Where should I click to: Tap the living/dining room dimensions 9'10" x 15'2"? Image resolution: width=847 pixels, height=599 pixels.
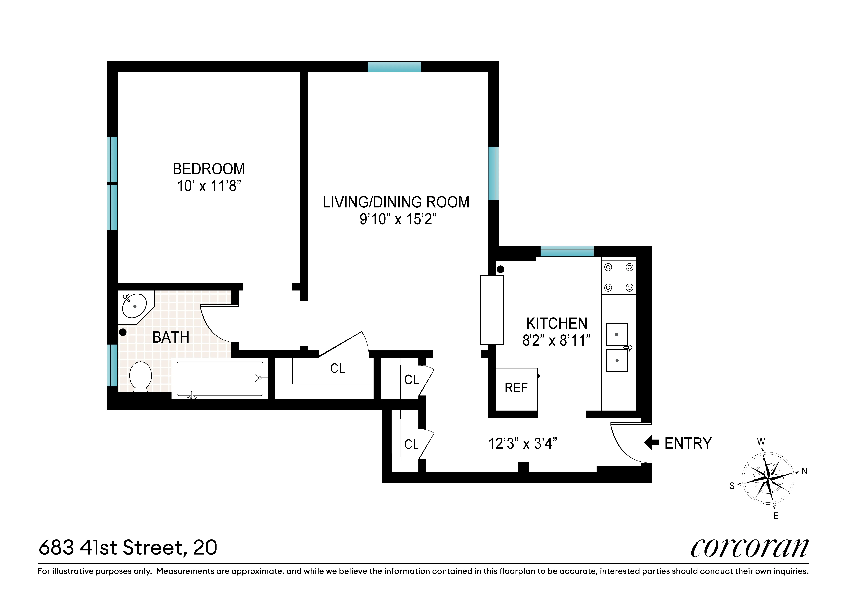click(x=398, y=219)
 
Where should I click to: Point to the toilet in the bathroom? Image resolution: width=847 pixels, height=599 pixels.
click(x=141, y=376)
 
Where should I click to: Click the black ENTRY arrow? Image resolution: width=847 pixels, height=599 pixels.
click(x=652, y=442)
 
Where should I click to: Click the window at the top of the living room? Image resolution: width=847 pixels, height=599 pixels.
click(x=394, y=67)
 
